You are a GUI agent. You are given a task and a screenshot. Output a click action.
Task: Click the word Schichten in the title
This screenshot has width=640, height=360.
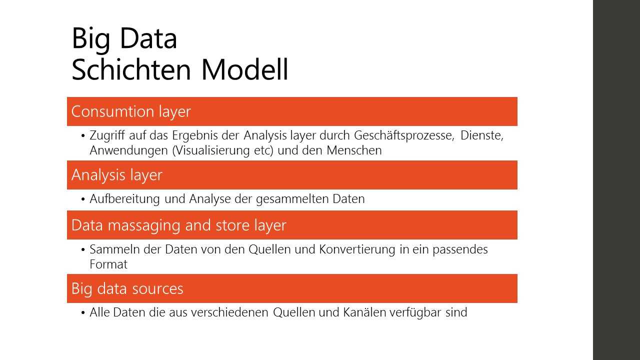click(131, 69)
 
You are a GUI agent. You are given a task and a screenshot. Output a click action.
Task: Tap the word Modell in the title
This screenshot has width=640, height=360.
click(245, 69)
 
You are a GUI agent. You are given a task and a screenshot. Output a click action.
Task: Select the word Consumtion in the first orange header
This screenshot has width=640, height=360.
click(113, 111)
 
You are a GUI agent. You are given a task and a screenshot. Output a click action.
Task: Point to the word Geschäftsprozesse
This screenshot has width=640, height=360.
click(404, 135)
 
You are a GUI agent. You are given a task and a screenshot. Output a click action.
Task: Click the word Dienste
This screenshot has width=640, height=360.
click(481, 135)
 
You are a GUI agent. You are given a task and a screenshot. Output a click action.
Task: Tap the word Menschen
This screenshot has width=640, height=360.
click(354, 150)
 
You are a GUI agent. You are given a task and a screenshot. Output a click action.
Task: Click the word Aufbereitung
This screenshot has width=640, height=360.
click(124, 199)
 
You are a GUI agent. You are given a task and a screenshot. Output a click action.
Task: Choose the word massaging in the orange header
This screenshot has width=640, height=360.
click(144, 225)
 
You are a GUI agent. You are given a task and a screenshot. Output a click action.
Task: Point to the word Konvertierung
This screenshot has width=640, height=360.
click(357, 249)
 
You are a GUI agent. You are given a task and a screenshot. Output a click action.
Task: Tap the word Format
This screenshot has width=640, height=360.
click(108, 264)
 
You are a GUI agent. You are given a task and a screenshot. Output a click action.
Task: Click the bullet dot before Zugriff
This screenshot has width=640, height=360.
click(83, 135)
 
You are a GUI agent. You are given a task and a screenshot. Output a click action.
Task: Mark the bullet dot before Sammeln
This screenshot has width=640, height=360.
click(83, 249)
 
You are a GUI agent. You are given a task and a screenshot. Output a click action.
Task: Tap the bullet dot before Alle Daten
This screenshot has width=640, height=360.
click(83, 312)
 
